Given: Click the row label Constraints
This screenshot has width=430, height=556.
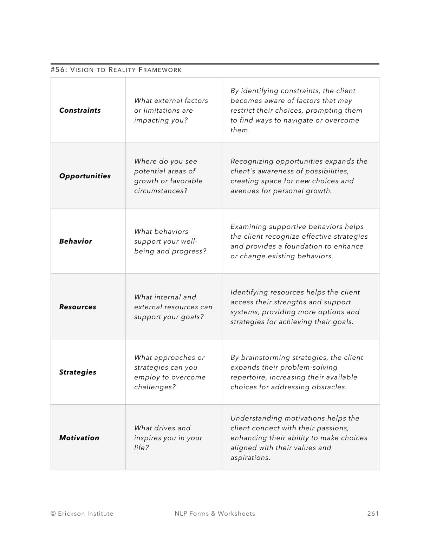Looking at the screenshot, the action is [x=80, y=110].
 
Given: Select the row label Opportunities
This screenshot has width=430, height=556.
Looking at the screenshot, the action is [x=85, y=176].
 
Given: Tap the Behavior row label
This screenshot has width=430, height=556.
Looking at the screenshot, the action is [x=76, y=241].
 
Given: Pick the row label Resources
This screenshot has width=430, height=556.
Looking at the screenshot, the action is [x=77, y=307].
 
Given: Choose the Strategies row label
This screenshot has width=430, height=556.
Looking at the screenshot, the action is [x=77, y=372].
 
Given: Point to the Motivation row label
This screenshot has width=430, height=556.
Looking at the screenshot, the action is [x=79, y=438].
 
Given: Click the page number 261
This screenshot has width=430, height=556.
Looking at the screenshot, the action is [x=373, y=514].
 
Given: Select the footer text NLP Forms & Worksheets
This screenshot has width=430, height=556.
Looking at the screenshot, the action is [x=215, y=514].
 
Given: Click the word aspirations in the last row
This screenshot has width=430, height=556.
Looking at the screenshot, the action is [x=249, y=458].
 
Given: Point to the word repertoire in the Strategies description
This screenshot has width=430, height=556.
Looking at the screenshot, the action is [x=246, y=377].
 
